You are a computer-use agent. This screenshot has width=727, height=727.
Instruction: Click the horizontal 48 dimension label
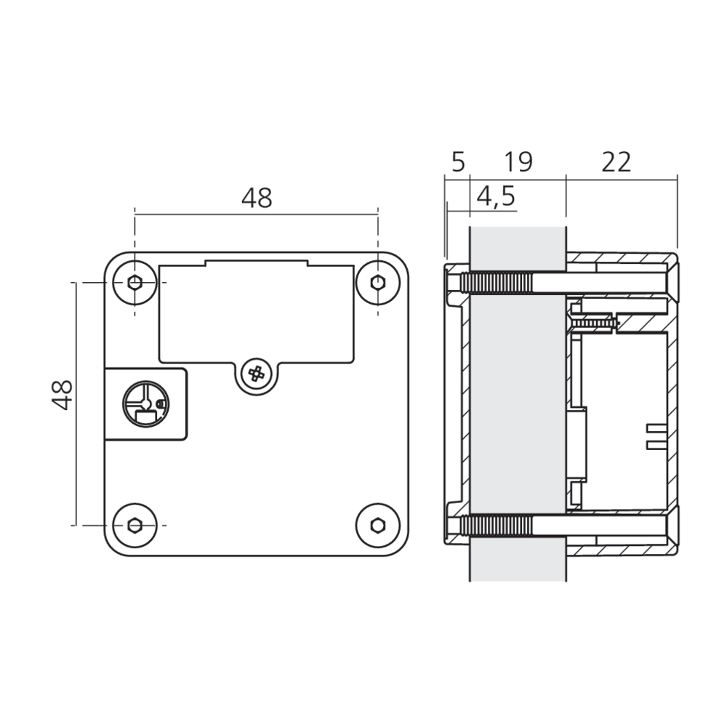click(x=256, y=198)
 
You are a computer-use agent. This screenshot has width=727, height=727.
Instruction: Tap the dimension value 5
click(x=457, y=161)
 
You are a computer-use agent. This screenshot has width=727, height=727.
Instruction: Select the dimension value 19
click(x=518, y=161)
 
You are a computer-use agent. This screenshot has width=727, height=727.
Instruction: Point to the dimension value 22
click(x=616, y=161)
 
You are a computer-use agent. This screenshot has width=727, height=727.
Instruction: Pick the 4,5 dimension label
click(x=497, y=196)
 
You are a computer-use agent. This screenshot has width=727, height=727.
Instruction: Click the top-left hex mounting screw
click(x=134, y=282)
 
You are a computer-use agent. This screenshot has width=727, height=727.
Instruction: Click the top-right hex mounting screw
click(x=377, y=282)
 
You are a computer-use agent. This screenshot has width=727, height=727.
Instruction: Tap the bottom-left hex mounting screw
click(x=134, y=524)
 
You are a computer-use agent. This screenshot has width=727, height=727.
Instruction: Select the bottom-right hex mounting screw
click(x=377, y=524)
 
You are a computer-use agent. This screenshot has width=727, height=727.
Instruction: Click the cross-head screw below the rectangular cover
click(x=256, y=374)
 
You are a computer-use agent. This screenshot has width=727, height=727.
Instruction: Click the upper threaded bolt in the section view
click(x=502, y=282)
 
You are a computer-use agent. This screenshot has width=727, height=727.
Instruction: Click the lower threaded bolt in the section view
click(x=502, y=525)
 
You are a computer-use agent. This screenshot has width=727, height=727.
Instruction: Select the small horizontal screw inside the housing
click(x=593, y=320)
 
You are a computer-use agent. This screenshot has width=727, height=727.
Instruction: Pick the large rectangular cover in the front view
click(x=256, y=313)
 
